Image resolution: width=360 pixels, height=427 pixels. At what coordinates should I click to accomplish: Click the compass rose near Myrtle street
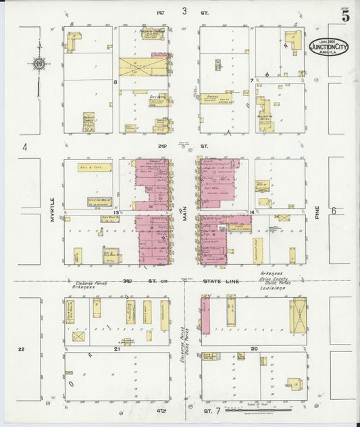point(38,64)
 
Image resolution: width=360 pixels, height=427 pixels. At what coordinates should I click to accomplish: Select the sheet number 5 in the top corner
point(345,17)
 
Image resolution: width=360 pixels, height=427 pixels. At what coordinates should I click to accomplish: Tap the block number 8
point(115,82)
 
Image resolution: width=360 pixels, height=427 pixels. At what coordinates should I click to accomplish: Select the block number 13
point(115,212)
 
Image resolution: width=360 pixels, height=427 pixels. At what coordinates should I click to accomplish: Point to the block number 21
point(116,349)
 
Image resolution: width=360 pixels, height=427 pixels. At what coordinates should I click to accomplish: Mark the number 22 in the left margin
point(22,349)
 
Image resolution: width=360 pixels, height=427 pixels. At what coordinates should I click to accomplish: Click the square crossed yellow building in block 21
point(79,336)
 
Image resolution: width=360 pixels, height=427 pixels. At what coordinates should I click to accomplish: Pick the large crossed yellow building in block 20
point(297,315)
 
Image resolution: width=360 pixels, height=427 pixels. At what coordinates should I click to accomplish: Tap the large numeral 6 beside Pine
point(334,211)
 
